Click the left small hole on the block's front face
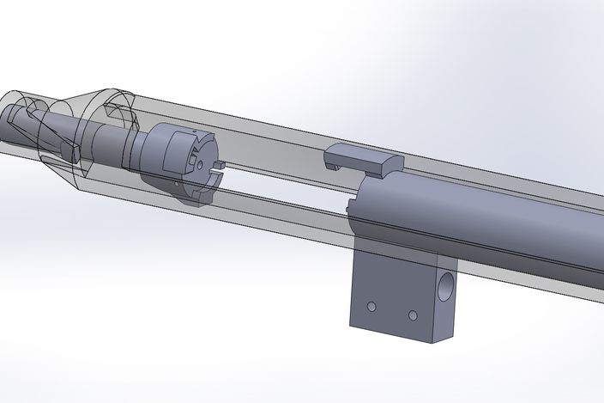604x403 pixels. pos(371,306)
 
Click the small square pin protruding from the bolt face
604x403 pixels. pos(219,162)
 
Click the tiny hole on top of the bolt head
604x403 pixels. pos(184,137)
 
